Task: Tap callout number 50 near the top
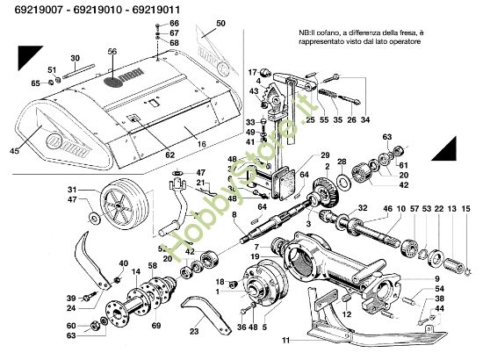pos(220,22)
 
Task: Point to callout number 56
pos(112,52)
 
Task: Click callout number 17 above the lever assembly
pos(251,72)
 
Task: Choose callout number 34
pos(365,119)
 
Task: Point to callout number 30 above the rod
pos(75,58)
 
